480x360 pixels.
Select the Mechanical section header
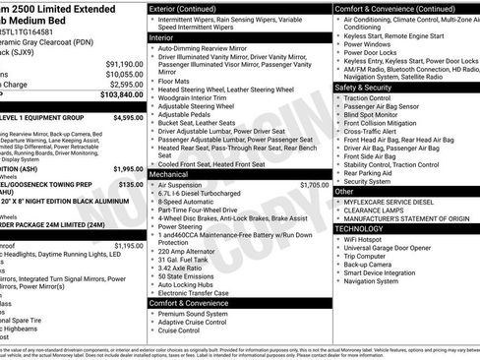tap(175, 173)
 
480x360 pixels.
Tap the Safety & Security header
tap(370, 87)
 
